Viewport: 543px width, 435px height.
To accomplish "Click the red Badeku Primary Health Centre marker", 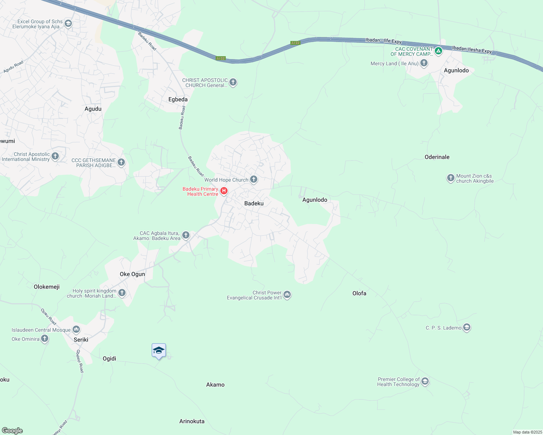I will coord(224,191).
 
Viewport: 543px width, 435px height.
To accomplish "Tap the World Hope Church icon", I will coord(254,179).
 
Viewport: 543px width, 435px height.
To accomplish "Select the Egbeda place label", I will coord(178,99).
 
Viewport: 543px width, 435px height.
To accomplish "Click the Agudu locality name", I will coord(93,109).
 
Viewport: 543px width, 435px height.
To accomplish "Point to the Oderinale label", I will coord(437,157).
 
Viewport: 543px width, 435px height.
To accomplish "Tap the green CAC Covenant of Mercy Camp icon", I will coord(438,51).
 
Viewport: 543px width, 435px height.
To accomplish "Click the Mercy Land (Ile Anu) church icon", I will coord(424,63).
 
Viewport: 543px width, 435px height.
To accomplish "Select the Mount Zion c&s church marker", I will coord(450,178).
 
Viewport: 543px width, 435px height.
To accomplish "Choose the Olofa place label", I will coord(359,293).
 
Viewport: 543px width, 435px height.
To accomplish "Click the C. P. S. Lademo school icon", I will coord(467,327).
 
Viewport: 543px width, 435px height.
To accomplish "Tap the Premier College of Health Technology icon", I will coord(425,381).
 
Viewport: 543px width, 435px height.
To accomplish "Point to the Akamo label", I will coord(215,385).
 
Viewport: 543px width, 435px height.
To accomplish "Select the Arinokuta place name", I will coord(192,421).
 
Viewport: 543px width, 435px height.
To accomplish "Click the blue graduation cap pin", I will coord(159,351).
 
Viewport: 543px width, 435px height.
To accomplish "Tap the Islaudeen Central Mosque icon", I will coord(76,329).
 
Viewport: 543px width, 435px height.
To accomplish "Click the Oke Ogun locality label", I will coord(132,274).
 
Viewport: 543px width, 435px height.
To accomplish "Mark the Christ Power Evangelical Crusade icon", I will coord(287,295).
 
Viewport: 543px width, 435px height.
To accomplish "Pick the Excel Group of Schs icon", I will coord(68,24).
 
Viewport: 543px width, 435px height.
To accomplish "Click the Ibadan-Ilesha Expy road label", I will coord(472,49).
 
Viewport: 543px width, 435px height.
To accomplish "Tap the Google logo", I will coord(12,431).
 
